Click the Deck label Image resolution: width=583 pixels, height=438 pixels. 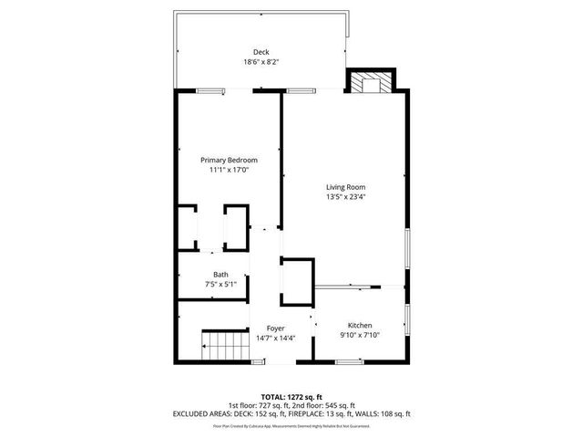pos(261,52)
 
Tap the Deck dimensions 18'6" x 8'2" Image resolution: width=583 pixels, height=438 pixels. pos(261,62)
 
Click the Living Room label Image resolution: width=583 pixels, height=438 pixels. pos(346,187)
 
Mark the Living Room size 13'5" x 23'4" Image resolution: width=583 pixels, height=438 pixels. pos(346,196)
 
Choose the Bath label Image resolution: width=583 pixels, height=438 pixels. pos(221,275)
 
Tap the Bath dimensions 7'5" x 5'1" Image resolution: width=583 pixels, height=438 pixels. pos(221,285)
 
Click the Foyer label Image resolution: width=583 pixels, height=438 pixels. pos(275,328)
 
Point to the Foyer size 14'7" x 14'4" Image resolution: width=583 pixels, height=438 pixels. pos(275,338)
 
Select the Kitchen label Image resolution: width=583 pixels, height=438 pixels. pos(360,326)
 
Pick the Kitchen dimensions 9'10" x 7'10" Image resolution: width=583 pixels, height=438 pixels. pos(360,336)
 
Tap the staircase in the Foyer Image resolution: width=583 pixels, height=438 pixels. pos(224,348)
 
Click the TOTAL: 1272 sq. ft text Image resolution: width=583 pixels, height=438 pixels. pos(291,397)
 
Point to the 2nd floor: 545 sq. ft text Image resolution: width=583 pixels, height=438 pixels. pos(324,405)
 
